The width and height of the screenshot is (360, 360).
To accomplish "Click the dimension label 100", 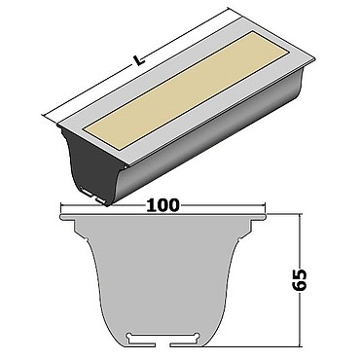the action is pos(162,205).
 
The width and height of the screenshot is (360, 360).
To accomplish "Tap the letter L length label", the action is pos(138,60).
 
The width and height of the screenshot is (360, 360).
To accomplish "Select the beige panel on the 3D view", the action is pos(185,90).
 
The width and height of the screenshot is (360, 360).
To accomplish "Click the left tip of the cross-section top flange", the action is pos(61,216).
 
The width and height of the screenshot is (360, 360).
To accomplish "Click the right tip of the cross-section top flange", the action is pos(266,216).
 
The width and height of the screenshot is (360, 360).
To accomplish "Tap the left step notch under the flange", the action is pos(76,226).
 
